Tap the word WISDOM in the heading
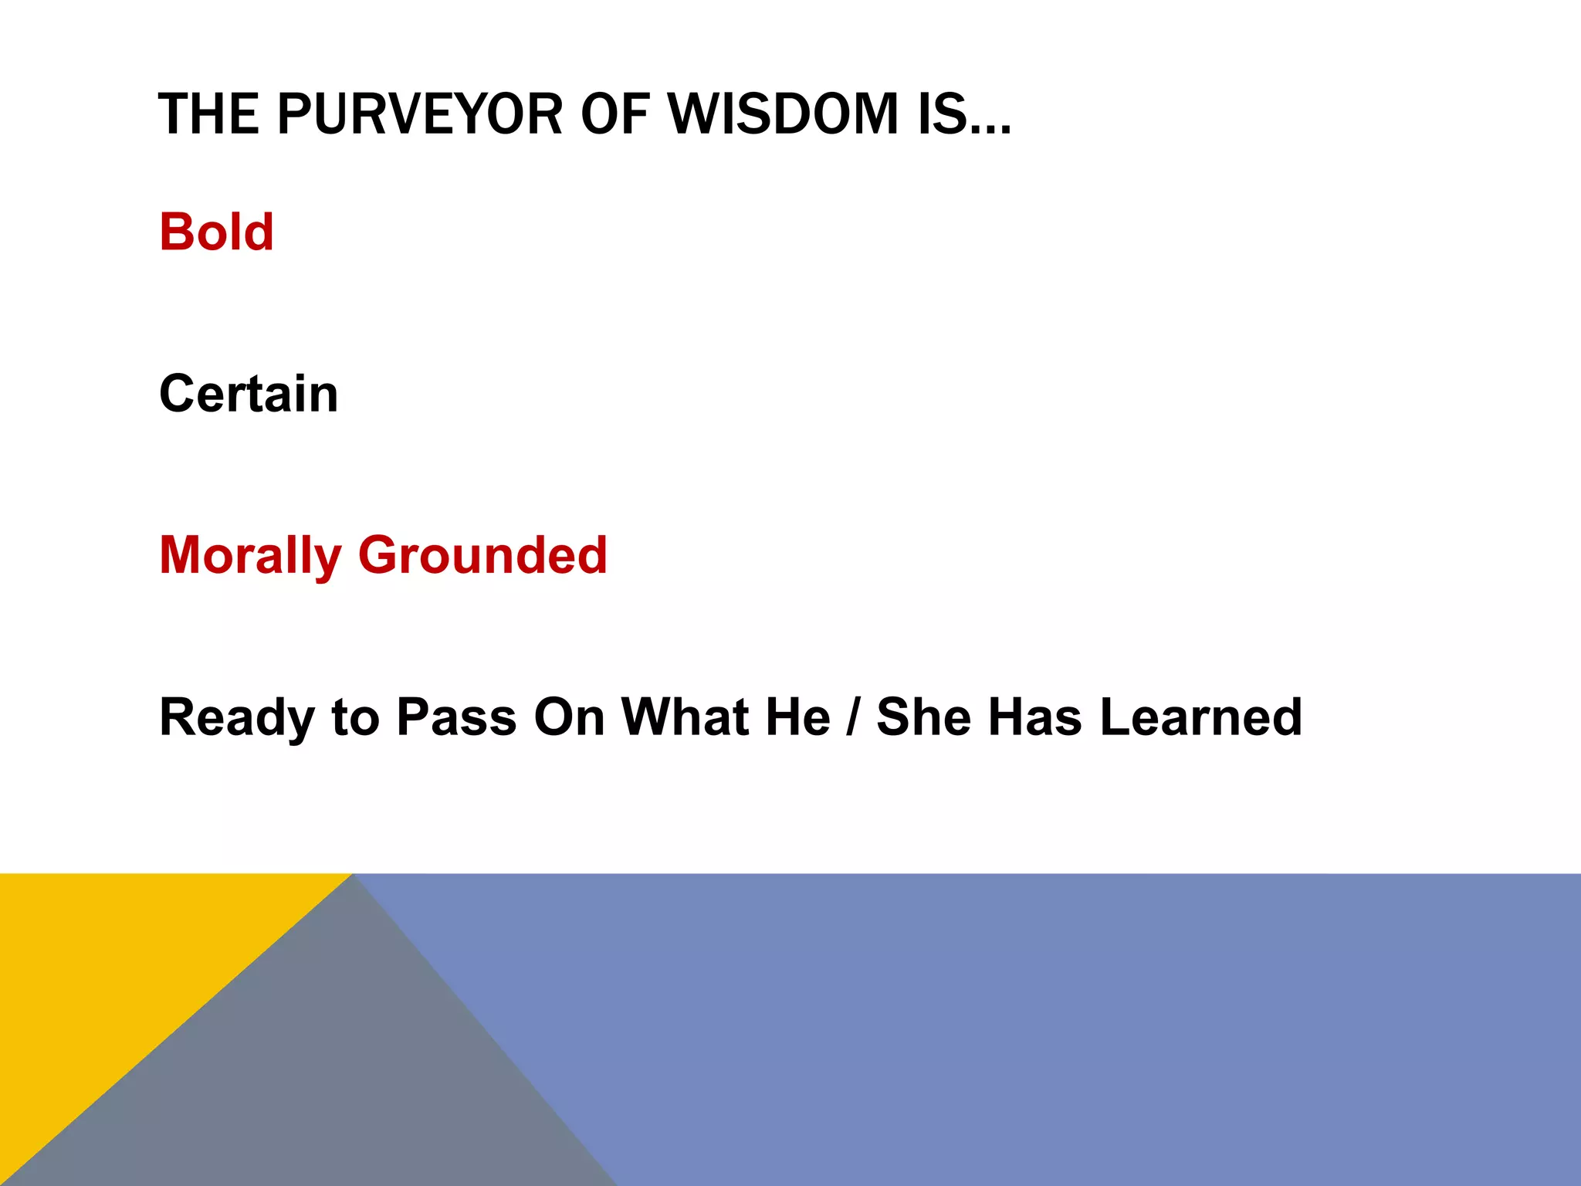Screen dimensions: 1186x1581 pos(783,114)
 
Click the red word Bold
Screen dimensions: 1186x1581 pos(216,232)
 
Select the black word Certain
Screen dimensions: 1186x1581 pos(249,394)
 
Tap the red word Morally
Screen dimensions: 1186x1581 pos(250,556)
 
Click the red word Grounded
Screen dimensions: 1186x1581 pos(482,556)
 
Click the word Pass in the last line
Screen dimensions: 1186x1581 pos(455,718)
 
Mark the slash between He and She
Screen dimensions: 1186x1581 pos(853,718)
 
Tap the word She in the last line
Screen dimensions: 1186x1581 pos(923,718)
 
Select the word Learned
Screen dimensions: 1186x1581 pos(1200,718)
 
